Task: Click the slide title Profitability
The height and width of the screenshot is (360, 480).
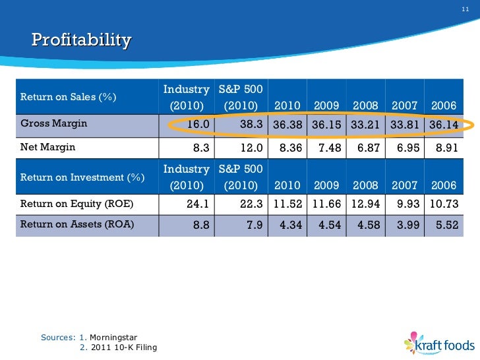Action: click(81, 40)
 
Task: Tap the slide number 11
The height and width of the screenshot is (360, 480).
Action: click(465, 8)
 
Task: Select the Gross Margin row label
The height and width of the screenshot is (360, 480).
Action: click(54, 123)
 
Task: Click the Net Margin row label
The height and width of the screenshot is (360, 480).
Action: click(48, 147)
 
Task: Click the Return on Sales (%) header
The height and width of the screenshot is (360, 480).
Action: click(69, 98)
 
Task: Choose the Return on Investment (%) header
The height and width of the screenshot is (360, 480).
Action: click(82, 177)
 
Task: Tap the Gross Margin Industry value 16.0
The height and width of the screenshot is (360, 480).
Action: click(198, 124)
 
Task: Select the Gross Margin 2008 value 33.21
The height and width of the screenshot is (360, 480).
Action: click(365, 124)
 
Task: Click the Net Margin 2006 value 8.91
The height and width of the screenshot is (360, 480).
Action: click(446, 148)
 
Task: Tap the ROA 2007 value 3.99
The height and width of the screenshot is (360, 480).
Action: click(407, 225)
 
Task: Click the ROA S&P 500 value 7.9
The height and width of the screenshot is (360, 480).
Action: click(255, 225)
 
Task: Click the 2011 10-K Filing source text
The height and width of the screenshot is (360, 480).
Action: click(123, 347)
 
